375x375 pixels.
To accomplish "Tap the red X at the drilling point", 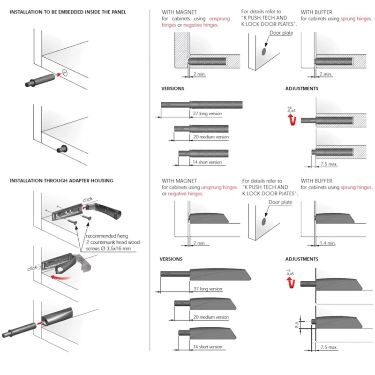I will pyautogui.click(x=59, y=74).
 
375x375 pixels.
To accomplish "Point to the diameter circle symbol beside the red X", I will pyautogui.click(x=65, y=73).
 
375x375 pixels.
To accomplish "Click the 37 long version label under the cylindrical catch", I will pyautogui.click(x=207, y=114).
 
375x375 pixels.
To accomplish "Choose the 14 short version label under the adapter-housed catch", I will pyautogui.click(x=207, y=347).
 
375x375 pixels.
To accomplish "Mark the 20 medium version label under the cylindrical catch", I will pyautogui.click(x=210, y=137).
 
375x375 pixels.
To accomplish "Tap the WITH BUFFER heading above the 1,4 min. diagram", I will pyautogui.click(x=316, y=181).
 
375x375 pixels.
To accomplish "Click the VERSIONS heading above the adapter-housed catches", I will pyautogui.click(x=171, y=259).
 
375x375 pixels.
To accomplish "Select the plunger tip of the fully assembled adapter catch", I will pyautogui.click(x=6, y=335).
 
